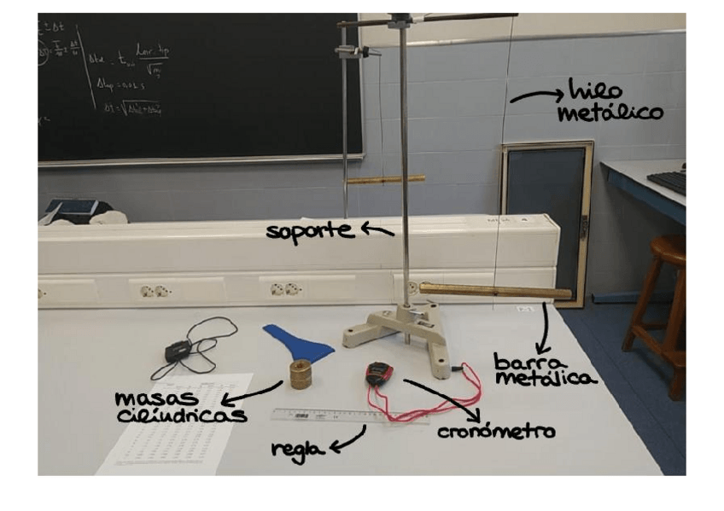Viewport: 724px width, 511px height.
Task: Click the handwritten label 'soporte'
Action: tap(308, 231)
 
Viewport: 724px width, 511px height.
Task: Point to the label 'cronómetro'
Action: tap(495, 433)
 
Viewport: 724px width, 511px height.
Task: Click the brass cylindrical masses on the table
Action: tap(300, 374)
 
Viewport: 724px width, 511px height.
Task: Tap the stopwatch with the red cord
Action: tap(377, 374)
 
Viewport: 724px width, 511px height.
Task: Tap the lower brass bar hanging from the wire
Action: tap(495, 293)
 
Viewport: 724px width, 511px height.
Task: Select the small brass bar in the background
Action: tap(386, 179)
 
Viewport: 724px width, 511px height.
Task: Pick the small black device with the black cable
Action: tap(178, 351)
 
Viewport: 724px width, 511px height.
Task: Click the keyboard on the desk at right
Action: tap(669, 179)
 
